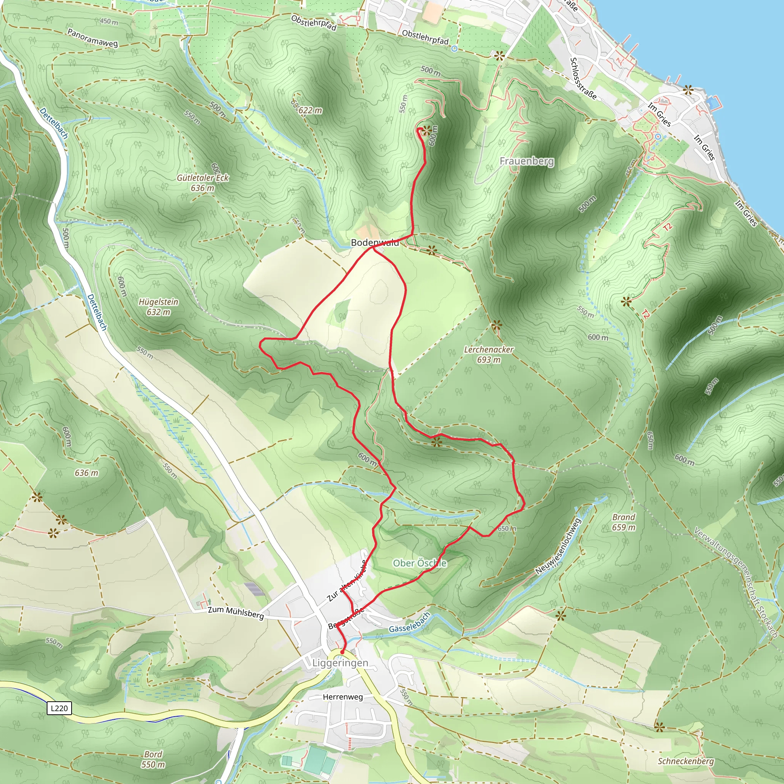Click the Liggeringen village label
[340, 663]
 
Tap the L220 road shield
[59, 708]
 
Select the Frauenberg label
[526, 161]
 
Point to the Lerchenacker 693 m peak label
[488, 354]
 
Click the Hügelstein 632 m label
[158, 307]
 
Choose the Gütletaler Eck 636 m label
[203, 183]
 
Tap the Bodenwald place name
[374, 243]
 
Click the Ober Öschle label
[420, 563]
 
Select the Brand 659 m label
[624, 522]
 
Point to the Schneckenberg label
[685, 761]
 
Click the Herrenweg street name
[343, 697]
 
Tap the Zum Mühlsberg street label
[236, 612]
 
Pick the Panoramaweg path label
[93, 38]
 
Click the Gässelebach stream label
[410, 622]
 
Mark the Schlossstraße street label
[583, 78]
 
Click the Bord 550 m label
[153, 759]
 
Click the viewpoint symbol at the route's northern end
[426, 131]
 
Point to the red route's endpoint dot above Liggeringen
[342, 652]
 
